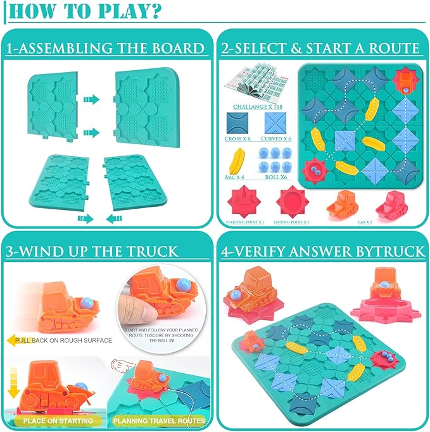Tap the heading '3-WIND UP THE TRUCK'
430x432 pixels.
(92, 251)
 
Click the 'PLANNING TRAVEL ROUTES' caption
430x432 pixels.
(159, 420)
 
